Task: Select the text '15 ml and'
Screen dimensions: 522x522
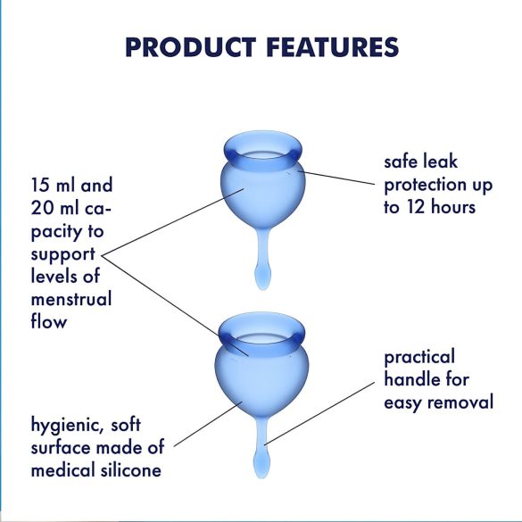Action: pyautogui.click(x=70, y=186)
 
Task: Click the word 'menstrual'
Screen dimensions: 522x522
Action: pyautogui.click(x=71, y=299)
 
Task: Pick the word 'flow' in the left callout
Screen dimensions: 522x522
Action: pyautogui.click(x=48, y=321)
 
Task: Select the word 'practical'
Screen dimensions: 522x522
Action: pyautogui.click(x=420, y=358)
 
